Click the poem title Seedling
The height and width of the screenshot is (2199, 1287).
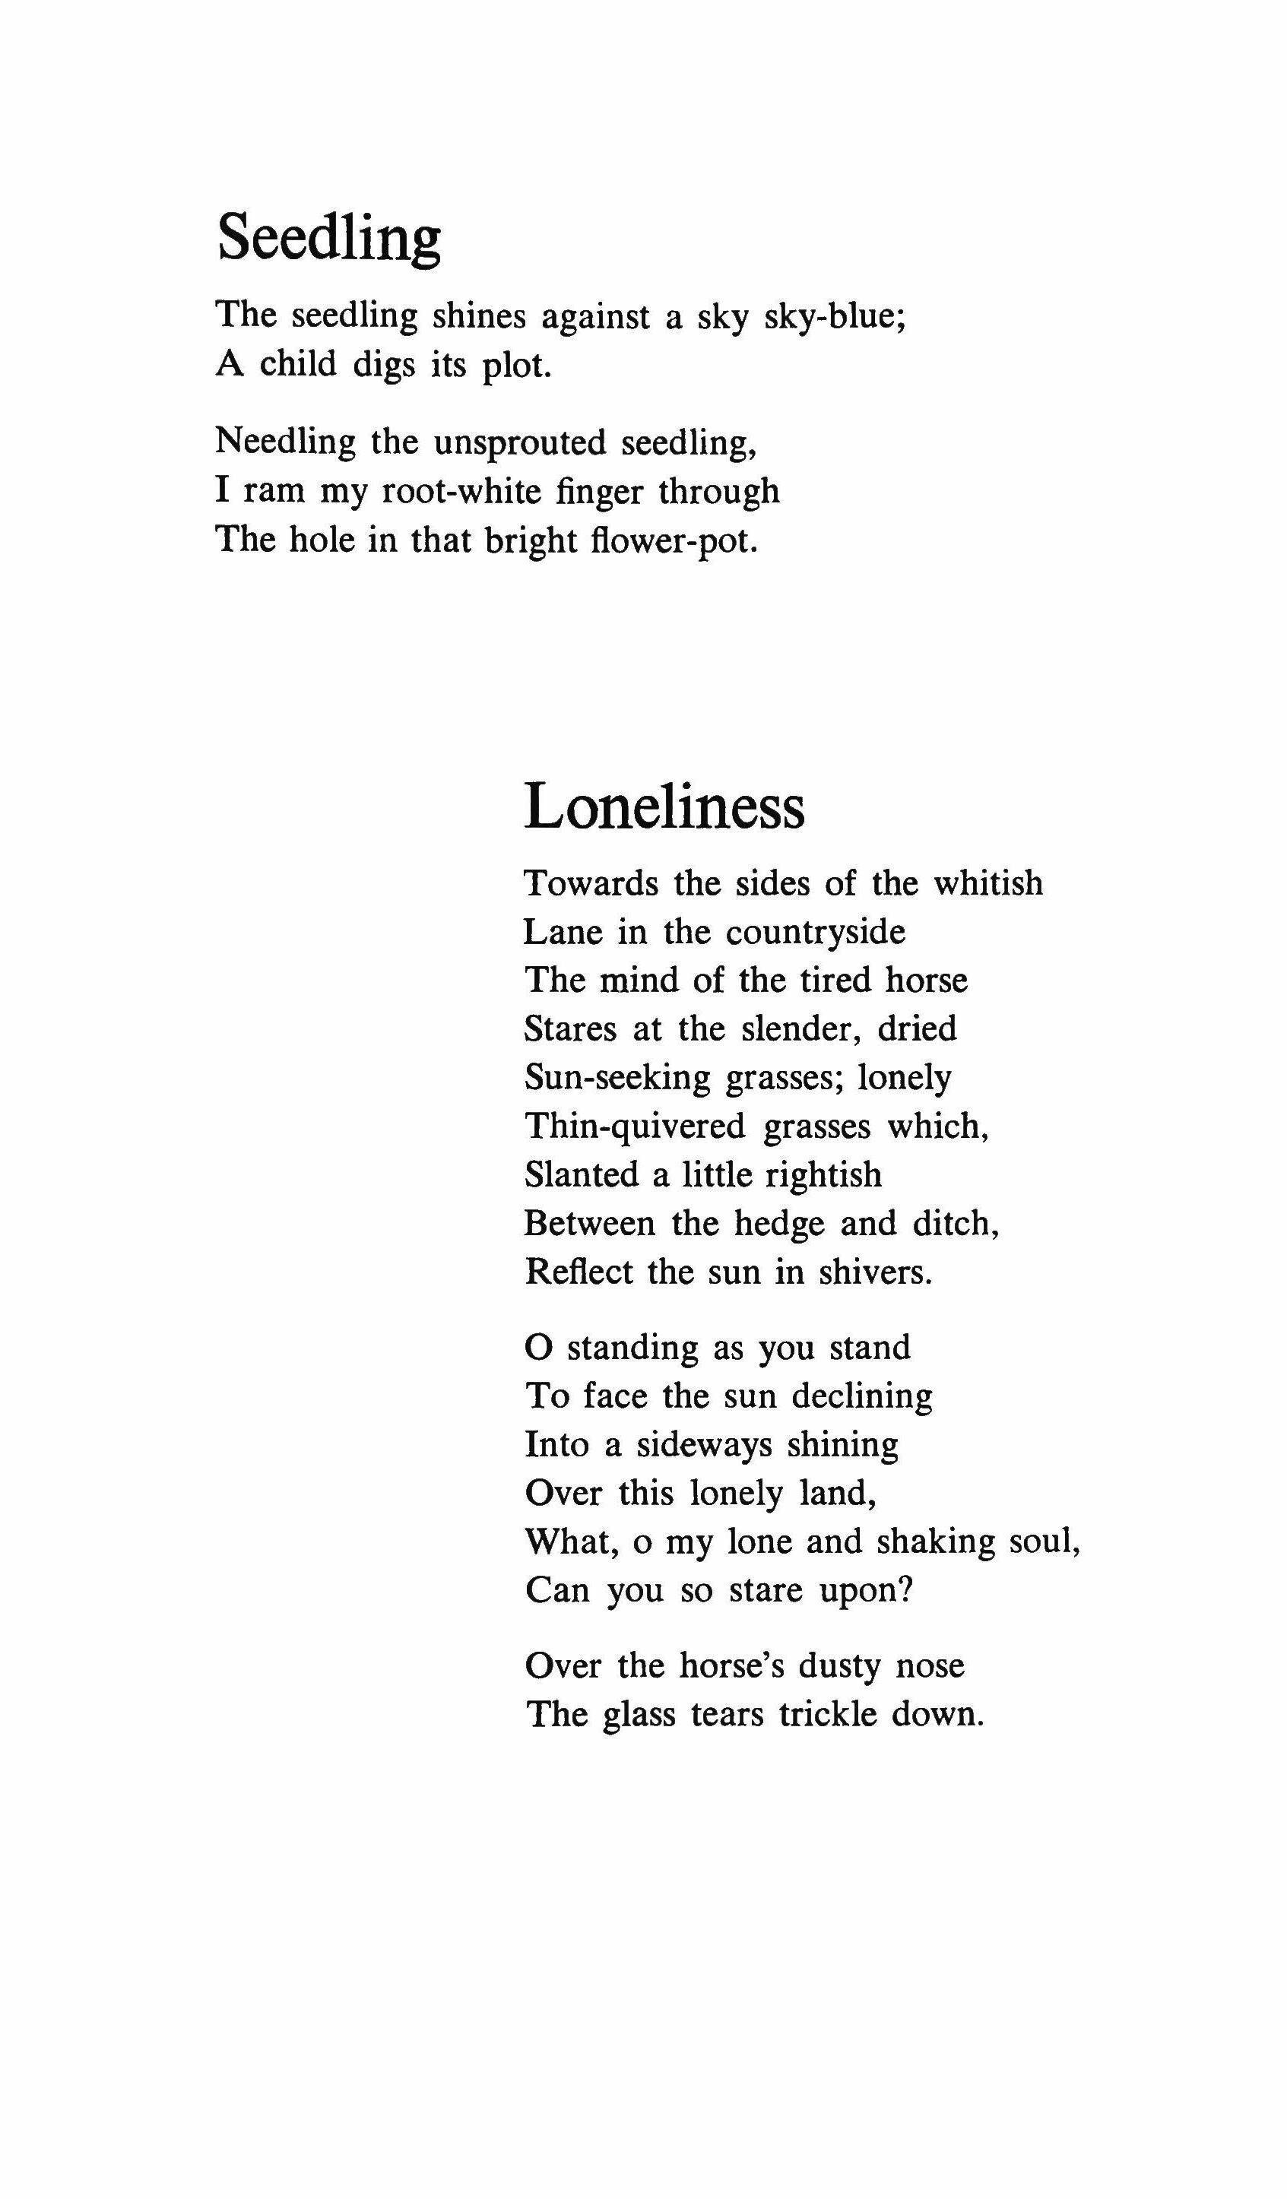329,237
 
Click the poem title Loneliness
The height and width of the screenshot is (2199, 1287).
664,806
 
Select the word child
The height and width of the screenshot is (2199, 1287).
297,364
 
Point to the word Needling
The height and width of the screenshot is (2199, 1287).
285,442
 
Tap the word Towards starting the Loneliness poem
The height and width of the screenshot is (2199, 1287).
591,883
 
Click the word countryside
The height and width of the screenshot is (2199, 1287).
816,932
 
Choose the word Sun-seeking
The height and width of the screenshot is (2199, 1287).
617,1078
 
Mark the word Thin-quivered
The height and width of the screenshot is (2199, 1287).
634,1126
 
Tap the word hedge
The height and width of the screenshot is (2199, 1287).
779,1224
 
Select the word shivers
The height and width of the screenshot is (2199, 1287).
875,1272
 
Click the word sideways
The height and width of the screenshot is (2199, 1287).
704,1445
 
